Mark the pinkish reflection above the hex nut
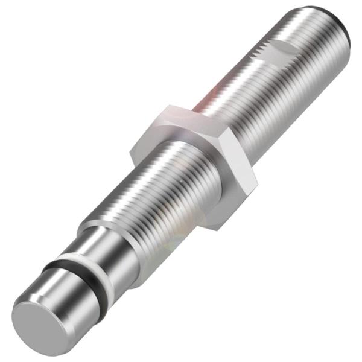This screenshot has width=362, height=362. tap(208, 94)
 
